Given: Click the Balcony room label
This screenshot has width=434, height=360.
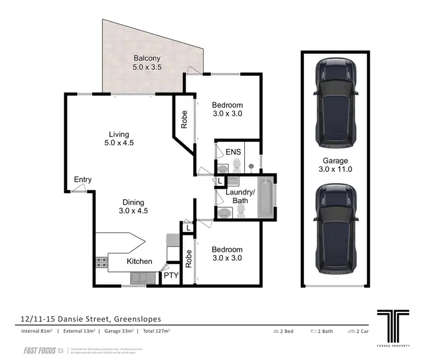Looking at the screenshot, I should click(147, 63).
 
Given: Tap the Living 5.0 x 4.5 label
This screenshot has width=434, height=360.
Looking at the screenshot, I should click(117, 139).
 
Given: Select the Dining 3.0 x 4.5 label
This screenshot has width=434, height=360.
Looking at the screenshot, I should click(134, 207).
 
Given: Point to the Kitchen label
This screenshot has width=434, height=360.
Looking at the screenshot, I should click(139, 262).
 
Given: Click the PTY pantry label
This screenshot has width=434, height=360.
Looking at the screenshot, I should click(171, 276).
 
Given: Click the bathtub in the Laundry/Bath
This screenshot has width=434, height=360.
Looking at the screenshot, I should click(264, 199).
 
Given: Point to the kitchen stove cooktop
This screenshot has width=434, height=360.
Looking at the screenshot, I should click(101, 263).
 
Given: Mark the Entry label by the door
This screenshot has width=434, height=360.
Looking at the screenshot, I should click(83, 180).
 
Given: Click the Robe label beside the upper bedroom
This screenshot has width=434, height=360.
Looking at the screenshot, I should click(185, 119).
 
